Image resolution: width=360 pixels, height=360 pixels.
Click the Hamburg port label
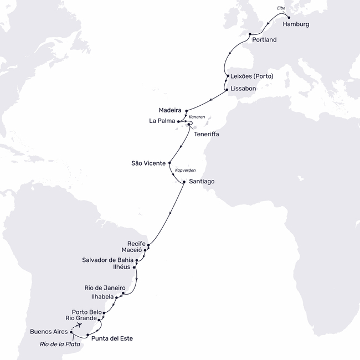pyautogui.click(x=296, y=25)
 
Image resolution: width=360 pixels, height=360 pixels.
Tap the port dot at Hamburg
pyautogui.click(x=289, y=17)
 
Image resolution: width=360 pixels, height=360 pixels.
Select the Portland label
pyautogui.click(x=264, y=40)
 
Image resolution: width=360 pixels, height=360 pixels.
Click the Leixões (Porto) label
pyautogui.click(x=251, y=76)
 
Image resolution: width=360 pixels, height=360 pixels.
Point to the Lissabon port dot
pyautogui.click(x=226, y=89)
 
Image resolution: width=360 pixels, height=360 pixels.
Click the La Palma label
pyautogui.click(x=161, y=120)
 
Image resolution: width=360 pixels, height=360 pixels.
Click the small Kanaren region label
pyautogui.click(x=197, y=117)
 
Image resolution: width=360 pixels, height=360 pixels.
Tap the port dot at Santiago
pyautogui.click(x=183, y=181)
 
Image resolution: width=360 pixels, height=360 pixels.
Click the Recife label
pyautogui.click(x=136, y=243)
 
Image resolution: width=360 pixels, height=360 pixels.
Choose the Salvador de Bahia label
pyautogui.click(x=107, y=259)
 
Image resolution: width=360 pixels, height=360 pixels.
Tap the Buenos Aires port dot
pyautogui.click(x=71, y=332)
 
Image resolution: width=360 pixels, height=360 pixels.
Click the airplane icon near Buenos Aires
pyautogui.click(x=83, y=326)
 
